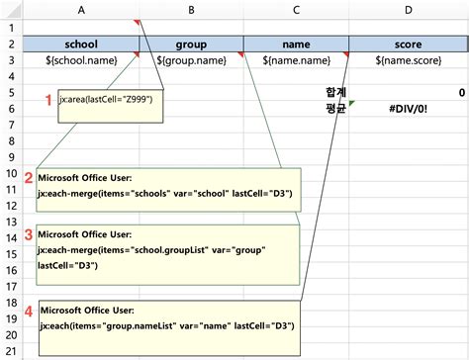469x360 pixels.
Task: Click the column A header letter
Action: coord(80,9)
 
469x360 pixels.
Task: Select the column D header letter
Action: coord(408,9)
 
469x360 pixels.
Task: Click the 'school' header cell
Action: coord(80,44)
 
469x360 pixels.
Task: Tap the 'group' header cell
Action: coord(190,44)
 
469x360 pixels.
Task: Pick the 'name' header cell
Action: coord(296,44)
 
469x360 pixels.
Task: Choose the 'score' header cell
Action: coord(408,44)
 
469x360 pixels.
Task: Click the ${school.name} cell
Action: coord(80,59)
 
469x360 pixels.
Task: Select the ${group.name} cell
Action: coord(190,59)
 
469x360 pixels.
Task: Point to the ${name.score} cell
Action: coord(408,59)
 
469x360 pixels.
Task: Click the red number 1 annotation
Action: coord(48,100)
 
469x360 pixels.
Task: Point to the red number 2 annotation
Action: coord(29,178)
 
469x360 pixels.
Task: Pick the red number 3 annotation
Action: coord(29,234)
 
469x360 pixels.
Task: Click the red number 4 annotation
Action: coord(29,310)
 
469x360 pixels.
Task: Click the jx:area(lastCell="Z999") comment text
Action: coord(106,100)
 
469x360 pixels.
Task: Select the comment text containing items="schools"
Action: coord(165,194)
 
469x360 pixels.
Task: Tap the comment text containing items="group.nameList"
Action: coord(166,325)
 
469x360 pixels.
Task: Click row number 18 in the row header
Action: coord(11,302)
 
